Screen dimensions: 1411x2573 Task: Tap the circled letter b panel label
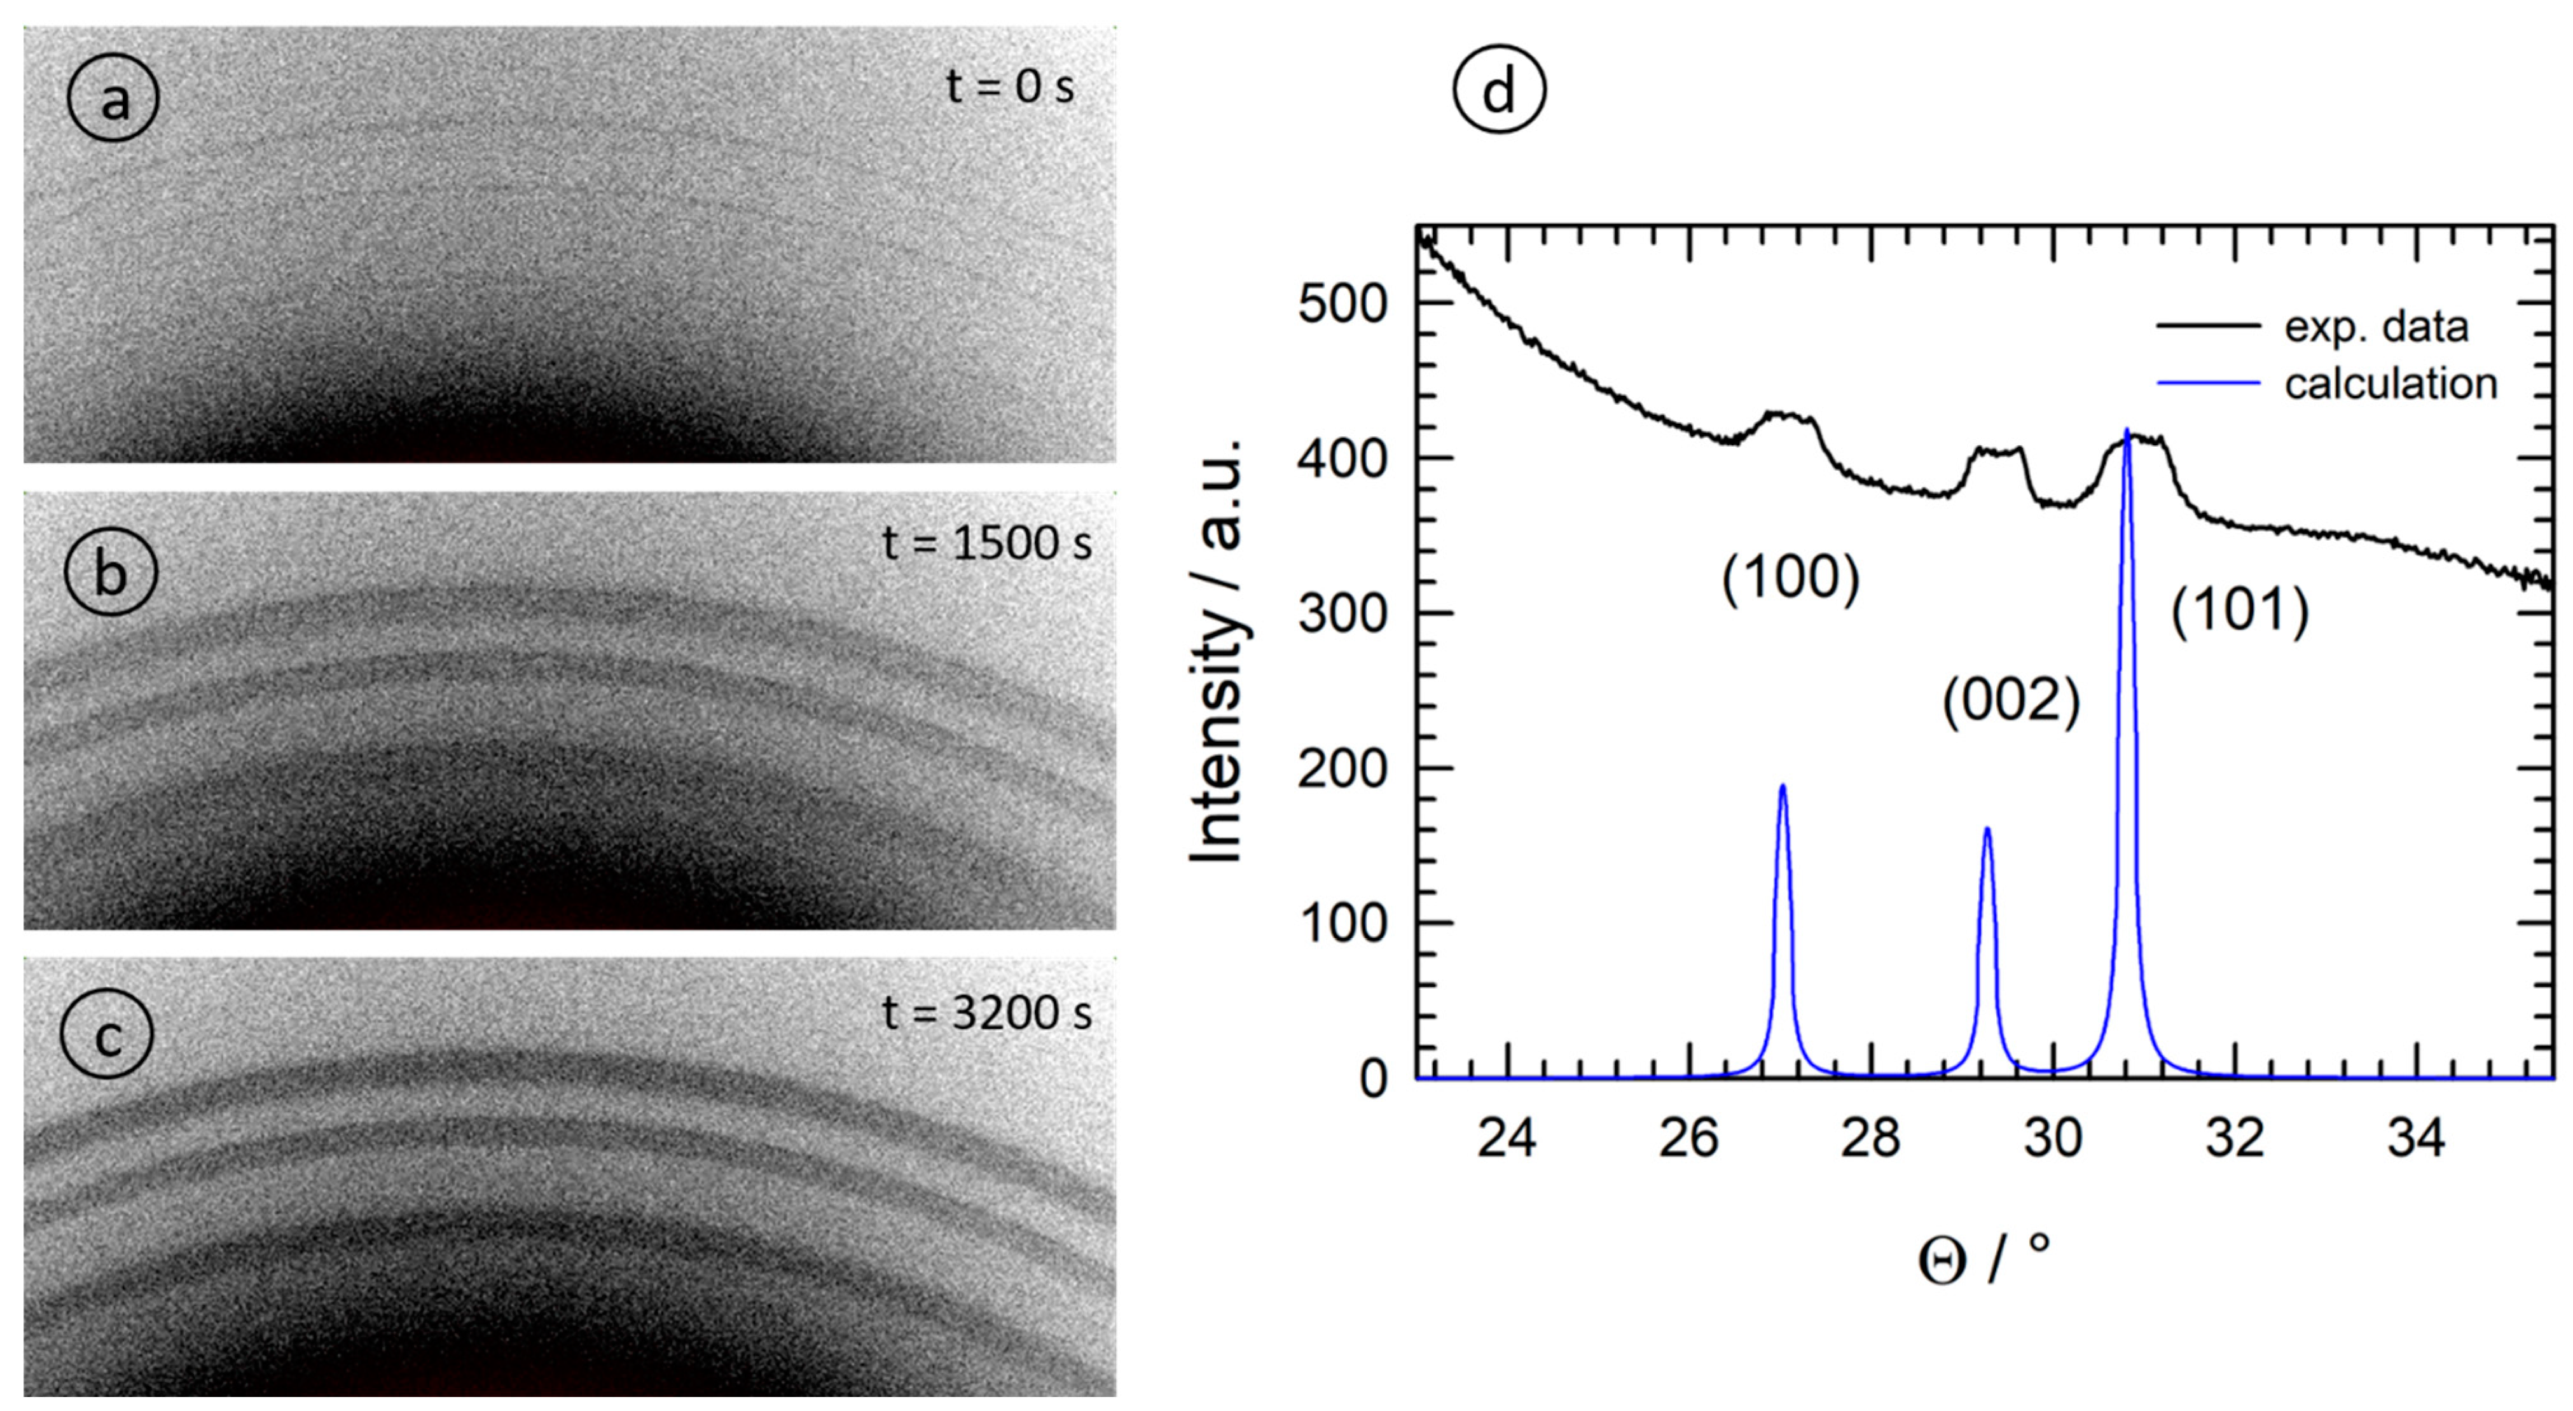111,573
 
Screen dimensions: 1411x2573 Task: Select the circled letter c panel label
107,1035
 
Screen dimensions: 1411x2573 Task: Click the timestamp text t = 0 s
1010,87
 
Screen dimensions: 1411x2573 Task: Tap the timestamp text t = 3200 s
987,1013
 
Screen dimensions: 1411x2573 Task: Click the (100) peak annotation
1790,579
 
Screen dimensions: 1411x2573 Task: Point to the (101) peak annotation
2239,611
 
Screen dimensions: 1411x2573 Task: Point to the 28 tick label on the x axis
1871,1137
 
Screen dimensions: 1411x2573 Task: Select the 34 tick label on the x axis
2416,1137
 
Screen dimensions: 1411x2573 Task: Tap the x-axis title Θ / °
1983,1259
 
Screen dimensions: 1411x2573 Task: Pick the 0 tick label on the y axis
1374,1079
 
